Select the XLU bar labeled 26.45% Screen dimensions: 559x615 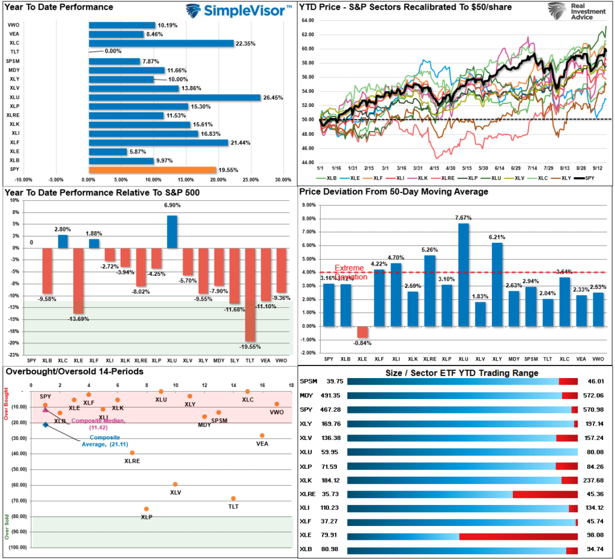pos(174,97)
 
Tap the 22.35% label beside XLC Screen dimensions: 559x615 pos(246,43)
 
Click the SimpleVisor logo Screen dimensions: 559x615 pos(238,10)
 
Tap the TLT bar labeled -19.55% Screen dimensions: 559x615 pos(250,295)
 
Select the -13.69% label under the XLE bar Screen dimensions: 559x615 pos(78,319)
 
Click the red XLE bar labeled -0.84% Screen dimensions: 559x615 pos(362,332)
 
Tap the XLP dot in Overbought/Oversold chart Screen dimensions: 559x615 pos(146,509)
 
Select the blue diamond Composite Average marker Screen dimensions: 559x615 pos(46,425)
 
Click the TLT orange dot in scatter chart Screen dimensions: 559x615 pos(233,498)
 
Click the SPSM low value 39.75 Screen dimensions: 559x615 pos(332,381)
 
